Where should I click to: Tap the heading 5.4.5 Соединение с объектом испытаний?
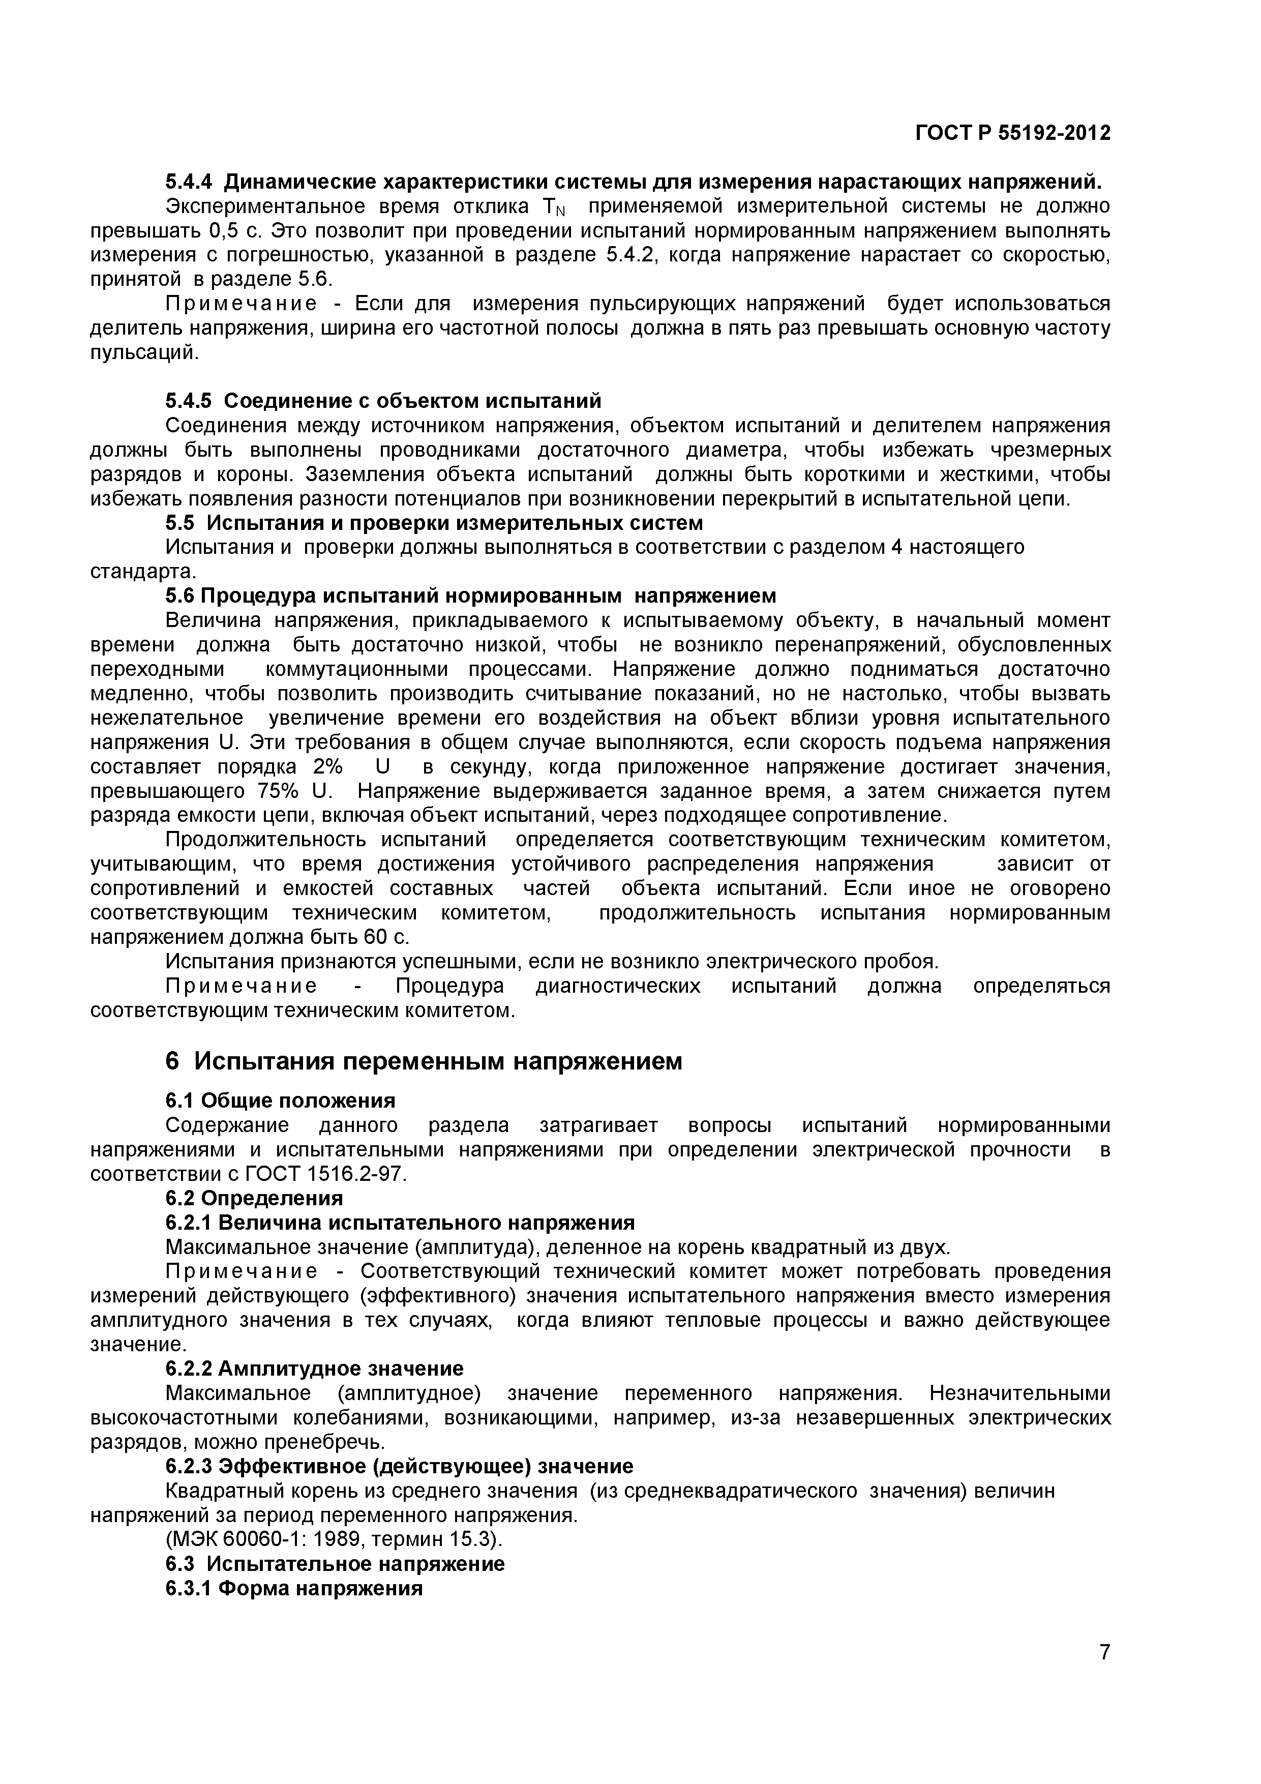384,401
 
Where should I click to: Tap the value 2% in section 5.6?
327,767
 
